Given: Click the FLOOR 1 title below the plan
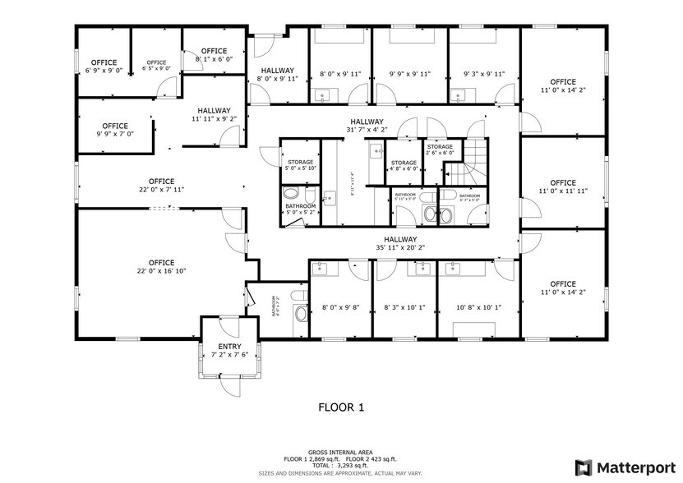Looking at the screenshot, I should (x=340, y=407).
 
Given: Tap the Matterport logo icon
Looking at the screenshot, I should (x=583, y=467).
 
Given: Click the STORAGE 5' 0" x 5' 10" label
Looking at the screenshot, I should (x=300, y=166).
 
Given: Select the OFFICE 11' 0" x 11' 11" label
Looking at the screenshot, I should (x=563, y=187).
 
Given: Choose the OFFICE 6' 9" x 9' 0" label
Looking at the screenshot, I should (x=104, y=67).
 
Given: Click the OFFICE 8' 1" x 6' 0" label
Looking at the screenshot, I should (x=214, y=55).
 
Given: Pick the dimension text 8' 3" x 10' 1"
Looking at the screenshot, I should (x=404, y=308).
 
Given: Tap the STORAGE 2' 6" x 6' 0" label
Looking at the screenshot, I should (x=440, y=149).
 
